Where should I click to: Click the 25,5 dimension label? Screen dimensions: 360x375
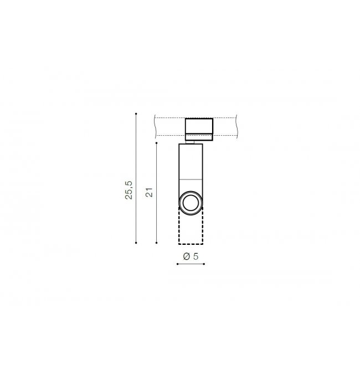[x=128, y=190]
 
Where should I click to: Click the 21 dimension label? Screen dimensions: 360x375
[x=150, y=193]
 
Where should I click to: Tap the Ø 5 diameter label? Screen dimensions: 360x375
[x=191, y=256]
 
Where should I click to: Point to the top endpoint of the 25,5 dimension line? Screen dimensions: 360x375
[x=136, y=114]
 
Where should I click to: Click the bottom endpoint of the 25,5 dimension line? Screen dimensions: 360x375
[x=136, y=243]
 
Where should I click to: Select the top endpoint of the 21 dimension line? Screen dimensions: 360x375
[x=156, y=143]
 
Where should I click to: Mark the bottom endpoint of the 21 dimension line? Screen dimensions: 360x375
[x=156, y=243]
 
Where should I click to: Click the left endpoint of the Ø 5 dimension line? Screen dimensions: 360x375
[x=177, y=264]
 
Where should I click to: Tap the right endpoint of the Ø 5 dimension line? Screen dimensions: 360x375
[x=204, y=264]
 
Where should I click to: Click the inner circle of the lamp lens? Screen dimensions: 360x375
[x=191, y=196]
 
